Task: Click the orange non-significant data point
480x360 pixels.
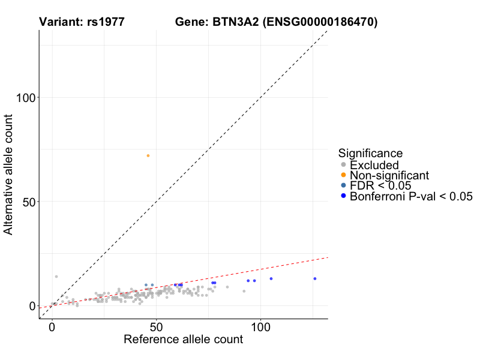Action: click(148, 155)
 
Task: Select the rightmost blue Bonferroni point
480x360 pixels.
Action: click(314, 278)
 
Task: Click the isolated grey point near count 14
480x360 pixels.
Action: click(56, 277)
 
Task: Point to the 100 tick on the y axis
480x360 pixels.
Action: click(39, 97)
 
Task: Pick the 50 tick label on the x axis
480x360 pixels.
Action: click(157, 328)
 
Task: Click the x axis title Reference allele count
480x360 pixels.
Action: click(183, 340)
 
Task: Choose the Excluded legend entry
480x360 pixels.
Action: click(374, 165)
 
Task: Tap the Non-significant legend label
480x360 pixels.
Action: click(389, 175)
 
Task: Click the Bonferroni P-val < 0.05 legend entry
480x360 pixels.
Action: click(411, 196)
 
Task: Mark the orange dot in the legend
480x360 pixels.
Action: click(343, 175)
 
